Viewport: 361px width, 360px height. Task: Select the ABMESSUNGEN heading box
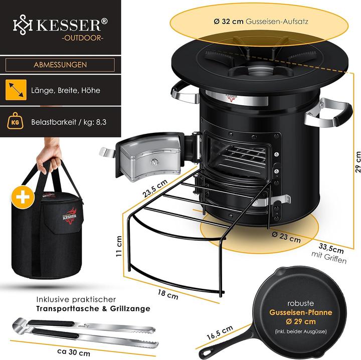[x=60, y=65]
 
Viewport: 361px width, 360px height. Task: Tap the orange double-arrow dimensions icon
[x=16, y=90]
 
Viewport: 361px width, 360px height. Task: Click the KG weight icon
[x=15, y=121]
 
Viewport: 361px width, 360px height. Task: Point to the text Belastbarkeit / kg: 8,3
[x=69, y=122]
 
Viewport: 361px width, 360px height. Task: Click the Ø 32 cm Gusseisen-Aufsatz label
[x=261, y=22]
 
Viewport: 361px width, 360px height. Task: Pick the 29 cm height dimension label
[x=357, y=162]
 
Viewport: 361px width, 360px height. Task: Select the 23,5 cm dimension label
[x=154, y=189]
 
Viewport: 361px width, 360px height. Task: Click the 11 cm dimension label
[x=119, y=246]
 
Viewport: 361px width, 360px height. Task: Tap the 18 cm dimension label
[x=168, y=294]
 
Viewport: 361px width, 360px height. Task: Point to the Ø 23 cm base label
[x=286, y=237]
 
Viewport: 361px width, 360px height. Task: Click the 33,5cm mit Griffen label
[x=329, y=253]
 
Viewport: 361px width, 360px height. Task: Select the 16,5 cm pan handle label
[x=220, y=332]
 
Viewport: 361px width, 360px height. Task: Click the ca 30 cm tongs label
[x=74, y=351]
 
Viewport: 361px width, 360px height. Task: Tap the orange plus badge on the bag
[x=23, y=197]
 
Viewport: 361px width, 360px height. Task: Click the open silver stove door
[x=148, y=156]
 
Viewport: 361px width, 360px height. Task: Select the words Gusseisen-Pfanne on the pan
[x=301, y=312]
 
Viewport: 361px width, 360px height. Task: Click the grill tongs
[x=85, y=332]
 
